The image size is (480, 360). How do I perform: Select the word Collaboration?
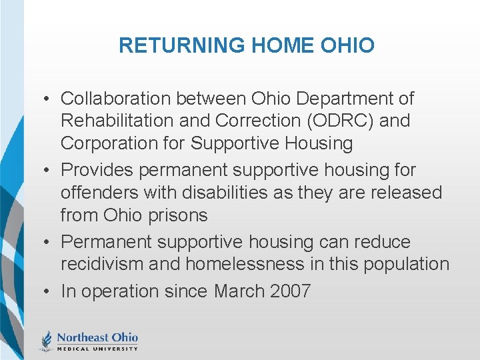[x=116, y=99]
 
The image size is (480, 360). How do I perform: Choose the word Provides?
[x=97, y=171]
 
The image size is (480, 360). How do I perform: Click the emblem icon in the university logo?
[x=47, y=340]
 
